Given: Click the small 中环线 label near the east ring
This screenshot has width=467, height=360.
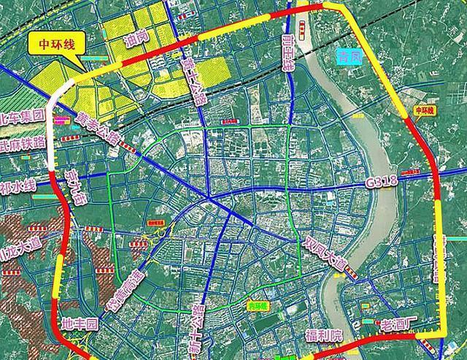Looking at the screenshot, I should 423,110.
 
